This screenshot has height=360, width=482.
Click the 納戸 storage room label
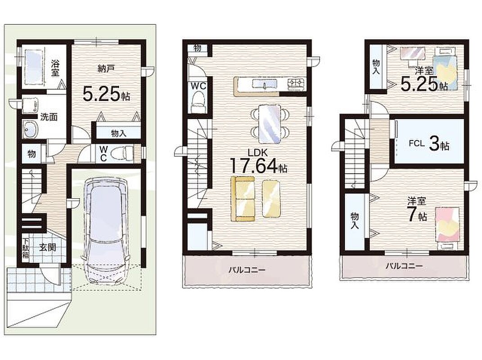tap(106, 68)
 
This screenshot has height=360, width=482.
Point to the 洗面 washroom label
tap(49, 117)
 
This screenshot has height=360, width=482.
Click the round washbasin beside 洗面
tap(30, 129)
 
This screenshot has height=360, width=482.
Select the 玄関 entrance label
tap(48, 247)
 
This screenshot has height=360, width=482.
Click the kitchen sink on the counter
tap(265, 83)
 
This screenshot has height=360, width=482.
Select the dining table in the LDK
tap(270, 124)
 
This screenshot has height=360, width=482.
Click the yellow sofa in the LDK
tap(243, 198)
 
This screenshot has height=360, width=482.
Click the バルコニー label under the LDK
tap(247, 270)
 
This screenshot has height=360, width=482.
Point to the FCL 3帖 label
tap(429, 144)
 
